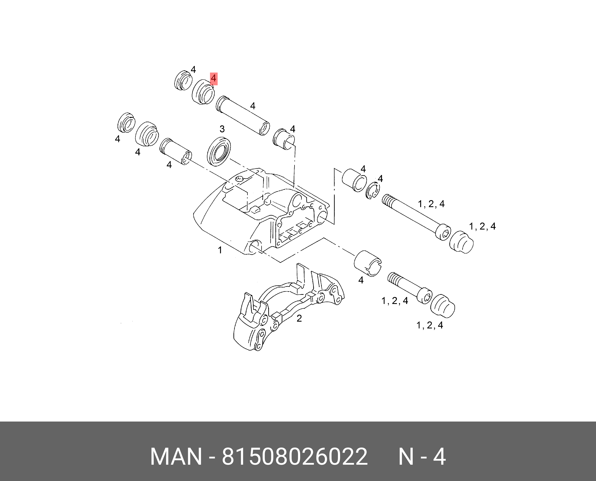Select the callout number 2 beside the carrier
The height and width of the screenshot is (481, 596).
(299, 319)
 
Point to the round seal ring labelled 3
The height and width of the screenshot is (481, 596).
(219, 152)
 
